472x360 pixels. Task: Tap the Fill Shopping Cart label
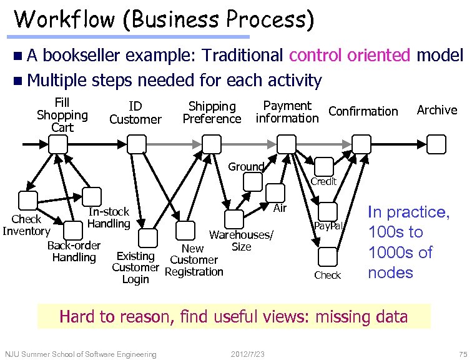pos(62,115)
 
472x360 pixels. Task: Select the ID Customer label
pos(135,112)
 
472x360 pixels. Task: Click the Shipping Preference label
pos(212,112)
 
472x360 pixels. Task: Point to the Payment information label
pos(287,112)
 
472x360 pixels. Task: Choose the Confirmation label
pos(363,111)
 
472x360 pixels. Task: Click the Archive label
pos(437,110)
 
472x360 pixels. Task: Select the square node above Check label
pos(327,256)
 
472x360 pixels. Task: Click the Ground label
pos(246,166)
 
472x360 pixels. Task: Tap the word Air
pos(280,208)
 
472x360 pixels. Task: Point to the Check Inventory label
pos(26,225)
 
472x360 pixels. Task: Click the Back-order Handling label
pos(74,251)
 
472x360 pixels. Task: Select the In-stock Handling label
pos(109,217)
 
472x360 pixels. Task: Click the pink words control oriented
pos(350,56)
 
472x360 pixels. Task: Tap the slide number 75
pos(463,354)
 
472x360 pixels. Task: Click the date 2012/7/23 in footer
pos(248,354)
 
